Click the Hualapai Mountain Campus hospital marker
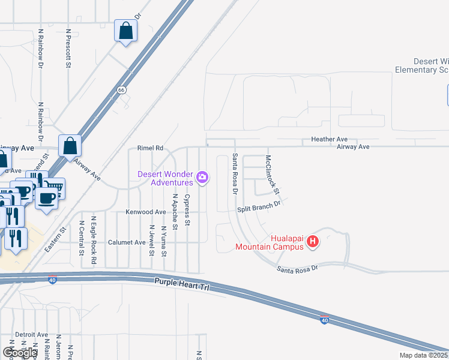(313, 242)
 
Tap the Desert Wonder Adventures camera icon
(202, 177)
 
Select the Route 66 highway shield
(122, 90)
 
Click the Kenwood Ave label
(145, 212)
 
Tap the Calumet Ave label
(127, 242)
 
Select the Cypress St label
(187, 209)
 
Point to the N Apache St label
(175, 212)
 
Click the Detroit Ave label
(31, 334)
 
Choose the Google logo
(20, 352)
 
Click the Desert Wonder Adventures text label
(165, 178)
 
